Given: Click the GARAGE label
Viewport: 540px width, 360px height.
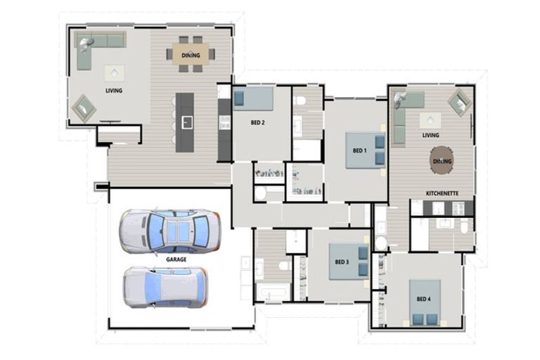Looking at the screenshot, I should [x=176, y=259].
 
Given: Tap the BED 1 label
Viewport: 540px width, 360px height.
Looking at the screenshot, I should [x=359, y=150].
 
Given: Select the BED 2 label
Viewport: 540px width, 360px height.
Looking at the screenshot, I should [x=258, y=122].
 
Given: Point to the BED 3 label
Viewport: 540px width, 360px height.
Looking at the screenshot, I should [x=342, y=262].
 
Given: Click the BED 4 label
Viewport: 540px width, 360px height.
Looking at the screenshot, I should [x=423, y=299].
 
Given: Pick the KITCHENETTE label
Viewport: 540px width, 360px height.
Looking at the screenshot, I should [x=442, y=192].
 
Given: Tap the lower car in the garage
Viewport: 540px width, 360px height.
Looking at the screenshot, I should [x=165, y=287].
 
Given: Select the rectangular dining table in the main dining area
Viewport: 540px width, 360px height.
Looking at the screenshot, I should [x=191, y=54].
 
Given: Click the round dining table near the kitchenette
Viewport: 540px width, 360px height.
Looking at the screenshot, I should [x=442, y=160].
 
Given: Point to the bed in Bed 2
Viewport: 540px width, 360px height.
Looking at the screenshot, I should [x=254, y=98].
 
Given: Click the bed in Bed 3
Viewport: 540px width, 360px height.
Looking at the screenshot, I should [x=349, y=262].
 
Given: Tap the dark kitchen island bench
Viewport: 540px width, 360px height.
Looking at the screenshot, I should [x=186, y=122].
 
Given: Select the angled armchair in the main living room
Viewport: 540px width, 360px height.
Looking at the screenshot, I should [x=84, y=108].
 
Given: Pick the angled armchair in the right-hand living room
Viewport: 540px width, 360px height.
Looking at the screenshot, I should [x=460, y=102].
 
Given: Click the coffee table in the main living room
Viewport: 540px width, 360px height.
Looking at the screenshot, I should [x=115, y=73].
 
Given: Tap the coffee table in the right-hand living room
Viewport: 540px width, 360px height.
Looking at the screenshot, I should [x=430, y=120].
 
